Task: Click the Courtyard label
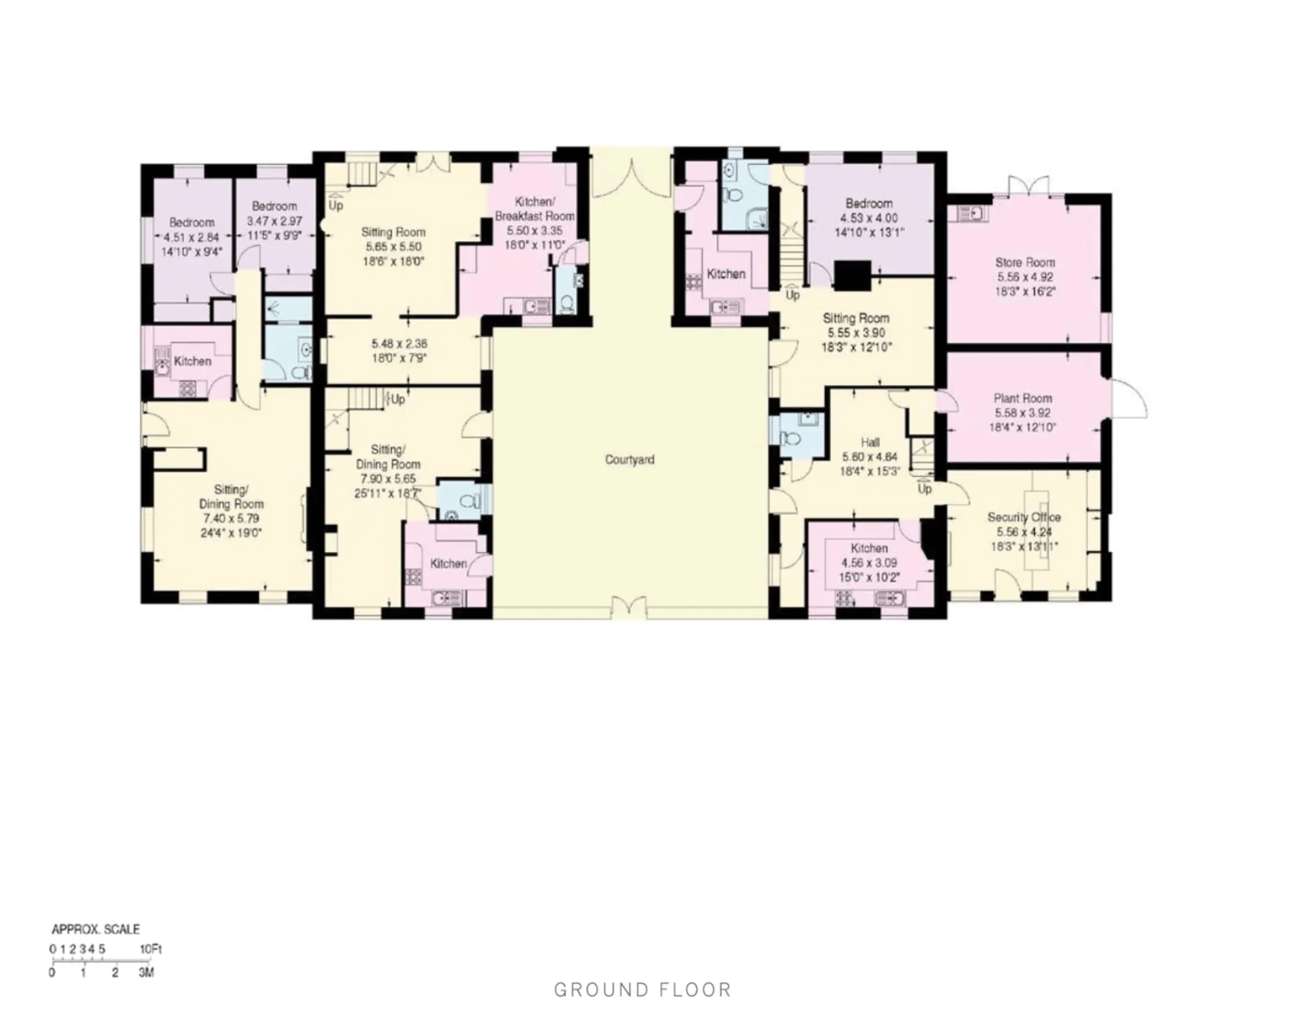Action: coord(629,459)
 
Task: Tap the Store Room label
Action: coord(1025,263)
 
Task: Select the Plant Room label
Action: coord(1023,398)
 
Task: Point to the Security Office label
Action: coord(1024,517)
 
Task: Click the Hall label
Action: coord(870,442)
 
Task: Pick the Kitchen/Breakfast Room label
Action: coord(534,208)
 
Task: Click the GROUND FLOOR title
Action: coord(643,989)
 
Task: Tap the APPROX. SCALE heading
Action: coord(95,929)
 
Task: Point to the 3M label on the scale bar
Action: coord(146,972)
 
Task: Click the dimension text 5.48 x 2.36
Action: coord(399,344)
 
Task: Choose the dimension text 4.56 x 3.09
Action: coord(869,563)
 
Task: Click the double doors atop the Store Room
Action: coord(1028,185)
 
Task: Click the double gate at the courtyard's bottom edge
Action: coord(629,607)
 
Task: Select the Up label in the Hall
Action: coord(924,489)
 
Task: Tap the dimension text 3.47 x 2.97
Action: coord(275,221)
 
